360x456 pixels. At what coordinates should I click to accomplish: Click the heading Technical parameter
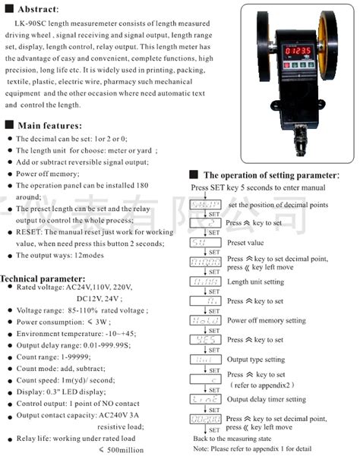(46, 278)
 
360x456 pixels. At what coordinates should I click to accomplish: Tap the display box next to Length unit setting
(204, 281)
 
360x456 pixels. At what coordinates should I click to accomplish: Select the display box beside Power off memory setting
(204, 320)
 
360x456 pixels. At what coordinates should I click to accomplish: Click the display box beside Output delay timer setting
(204, 399)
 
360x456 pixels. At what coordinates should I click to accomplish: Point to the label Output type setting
(256, 360)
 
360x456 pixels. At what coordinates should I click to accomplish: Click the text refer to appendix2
(261, 385)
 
